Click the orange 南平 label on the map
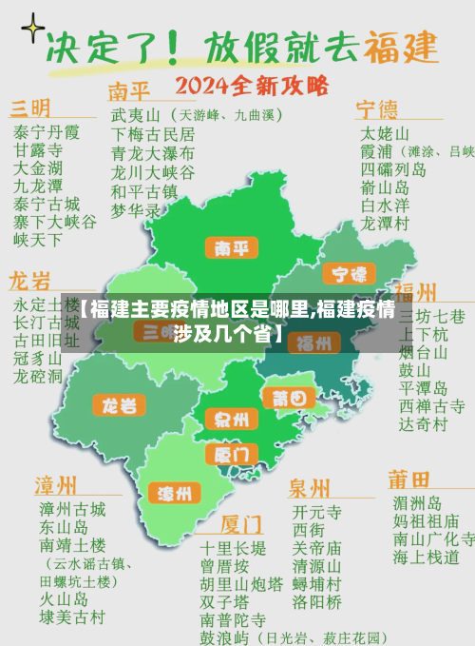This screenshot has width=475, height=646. [x=232, y=249]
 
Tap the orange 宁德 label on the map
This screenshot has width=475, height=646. [x=349, y=274]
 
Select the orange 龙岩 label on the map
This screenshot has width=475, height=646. [x=120, y=405]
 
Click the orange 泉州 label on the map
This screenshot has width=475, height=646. [x=232, y=420]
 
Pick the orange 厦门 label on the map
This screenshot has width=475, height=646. [x=231, y=454]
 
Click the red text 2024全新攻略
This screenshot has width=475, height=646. [x=253, y=87]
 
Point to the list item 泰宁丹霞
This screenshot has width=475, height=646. [x=47, y=132]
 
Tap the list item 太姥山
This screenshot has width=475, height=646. [x=385, y=132]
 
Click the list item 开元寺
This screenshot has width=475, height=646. [x=316, y=511]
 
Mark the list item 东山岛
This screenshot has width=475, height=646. [x=64, y=527]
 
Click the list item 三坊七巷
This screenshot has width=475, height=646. [x=432, y=316]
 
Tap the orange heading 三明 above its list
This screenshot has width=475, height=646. [x=30, y=107]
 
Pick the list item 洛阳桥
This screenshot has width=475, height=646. [x=316, y=601]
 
